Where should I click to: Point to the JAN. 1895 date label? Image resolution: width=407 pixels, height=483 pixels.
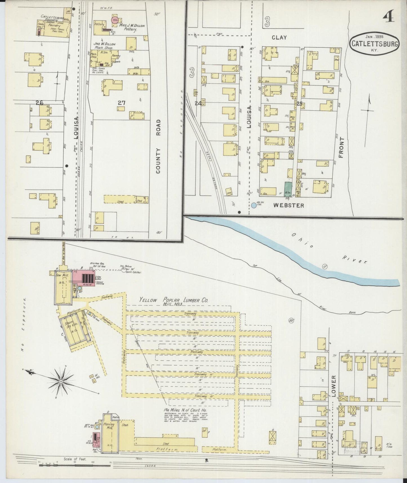pyautogui.click(x=376, y=36)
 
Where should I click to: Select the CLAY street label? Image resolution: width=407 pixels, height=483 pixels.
pyautogui.click(x=279, y=37)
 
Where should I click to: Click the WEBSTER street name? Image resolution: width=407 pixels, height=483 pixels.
pyautogui.click(x=289, y=205)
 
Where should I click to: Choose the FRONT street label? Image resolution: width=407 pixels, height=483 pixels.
pyautogui.click(x=341, y=147)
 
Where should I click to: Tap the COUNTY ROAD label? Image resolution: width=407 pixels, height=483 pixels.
pyautogui.click(x=158, y=146)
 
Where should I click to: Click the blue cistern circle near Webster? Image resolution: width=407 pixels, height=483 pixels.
pyautogui.click(x=254, y=205)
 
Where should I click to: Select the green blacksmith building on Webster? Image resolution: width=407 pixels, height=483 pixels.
pyautogui.click(x=288, y=189)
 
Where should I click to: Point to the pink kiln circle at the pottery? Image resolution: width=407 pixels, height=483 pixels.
pyautogui.click(x=115, y=21)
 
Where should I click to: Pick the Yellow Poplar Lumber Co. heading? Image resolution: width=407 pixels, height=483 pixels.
pyautogui.click(x=174, y=300)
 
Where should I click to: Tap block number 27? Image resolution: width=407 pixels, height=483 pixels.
pyautogui.click(x=121, y=103)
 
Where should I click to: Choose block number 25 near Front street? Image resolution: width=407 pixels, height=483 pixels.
pyautogui.click(x=299, y=104)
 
